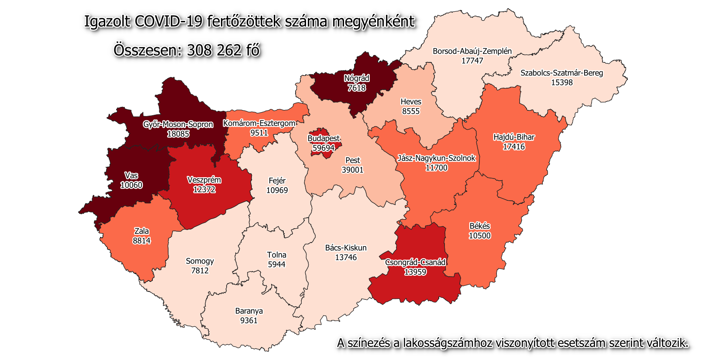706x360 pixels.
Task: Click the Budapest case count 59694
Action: coord(324,148)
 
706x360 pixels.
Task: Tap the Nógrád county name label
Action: coord(357,79)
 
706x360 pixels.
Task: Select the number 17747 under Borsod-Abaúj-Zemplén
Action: coord(472,61)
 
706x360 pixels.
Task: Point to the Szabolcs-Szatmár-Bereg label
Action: coord(561,73)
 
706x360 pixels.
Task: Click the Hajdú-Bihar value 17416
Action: coord(514,147)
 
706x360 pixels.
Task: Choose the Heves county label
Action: coord(411,102)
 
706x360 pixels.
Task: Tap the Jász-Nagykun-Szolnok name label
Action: coord(436,158)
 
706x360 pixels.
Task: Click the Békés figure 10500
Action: coord(479,236)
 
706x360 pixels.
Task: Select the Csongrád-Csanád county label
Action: coord(415,262)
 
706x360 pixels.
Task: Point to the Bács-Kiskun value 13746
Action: coord(346,257)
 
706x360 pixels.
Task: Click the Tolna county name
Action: coord(277,255)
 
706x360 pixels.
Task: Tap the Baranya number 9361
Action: coord(249,320)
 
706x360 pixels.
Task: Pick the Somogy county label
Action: coord(200,261)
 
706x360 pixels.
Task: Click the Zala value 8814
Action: coord(141,240)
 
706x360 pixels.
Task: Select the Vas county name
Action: coord(131,175)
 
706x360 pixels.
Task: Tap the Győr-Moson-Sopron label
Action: coord(178,124)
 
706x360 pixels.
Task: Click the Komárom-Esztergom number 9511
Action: coord(259,133)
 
